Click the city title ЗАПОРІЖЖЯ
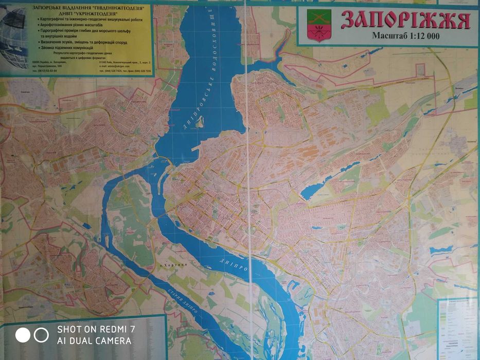406,20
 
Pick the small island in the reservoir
200,122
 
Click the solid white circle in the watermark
23,335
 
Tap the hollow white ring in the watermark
41,335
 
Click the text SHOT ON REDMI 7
96,329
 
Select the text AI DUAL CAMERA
94,340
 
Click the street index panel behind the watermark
129,329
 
